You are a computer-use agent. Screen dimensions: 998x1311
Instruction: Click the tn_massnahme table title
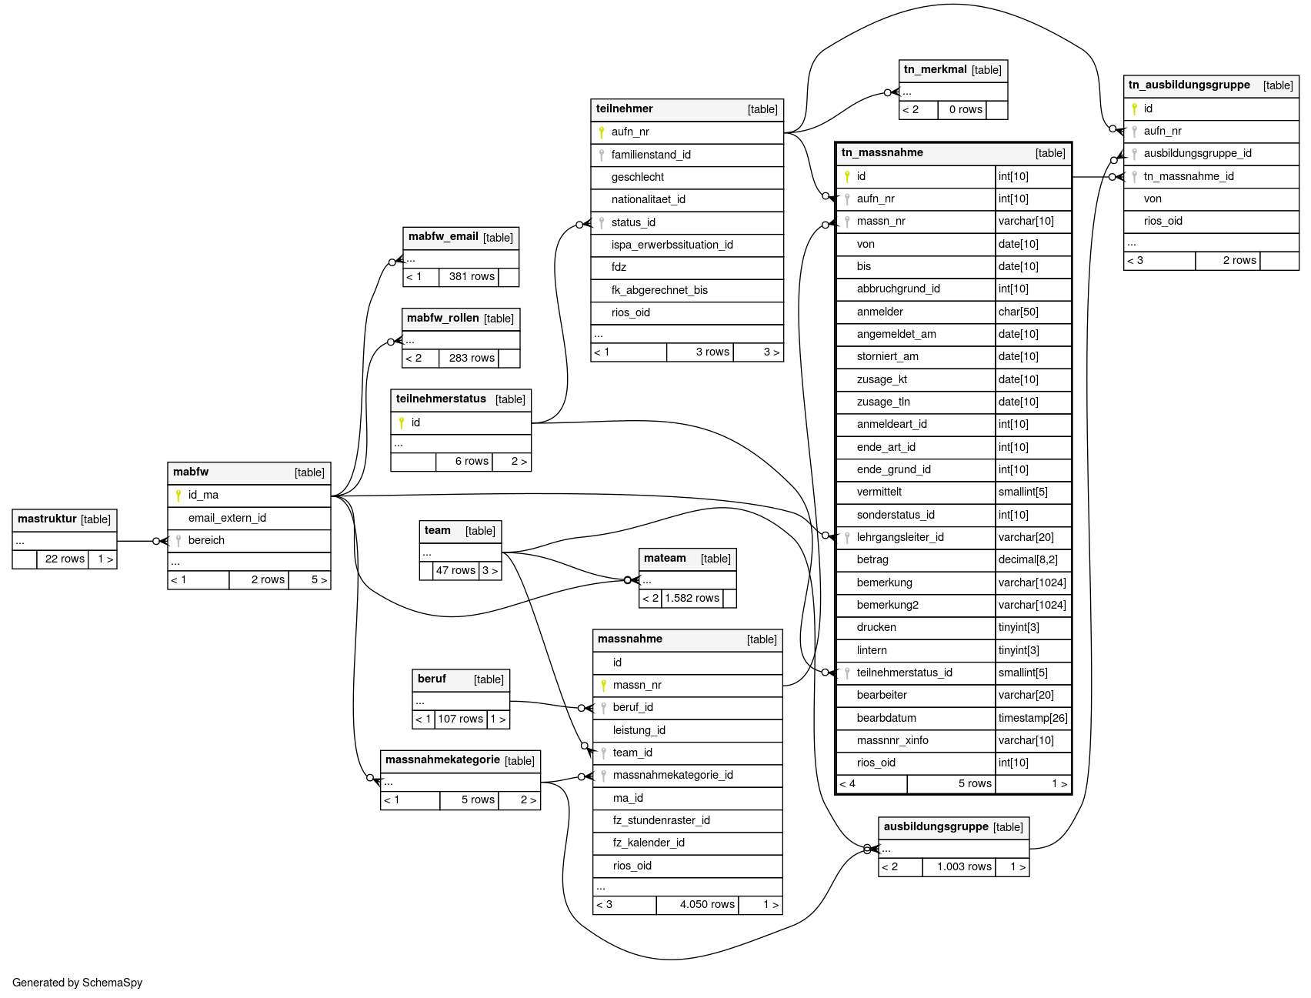pyautogui.click(x=882, y=152)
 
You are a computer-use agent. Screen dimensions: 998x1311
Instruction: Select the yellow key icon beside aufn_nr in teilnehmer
pyautogui.click(x=602, y=132)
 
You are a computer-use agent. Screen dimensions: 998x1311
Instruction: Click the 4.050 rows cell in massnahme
pyautogui.click(x=706, y=905)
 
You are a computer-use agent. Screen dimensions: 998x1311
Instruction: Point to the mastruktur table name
pyautogui.click(x=47, y=519)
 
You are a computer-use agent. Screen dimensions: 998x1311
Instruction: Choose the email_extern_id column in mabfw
pyautogui.click(x=227, y=518)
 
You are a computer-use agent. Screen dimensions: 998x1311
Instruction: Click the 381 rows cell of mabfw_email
pyautogui.click(x=471, y=277)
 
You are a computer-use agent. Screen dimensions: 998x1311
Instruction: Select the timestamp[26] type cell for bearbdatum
pyautogui.click(x=1032, y=718)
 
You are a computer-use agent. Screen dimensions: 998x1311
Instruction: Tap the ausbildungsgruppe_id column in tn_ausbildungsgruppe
pyautogui.click(x=1196, y=153)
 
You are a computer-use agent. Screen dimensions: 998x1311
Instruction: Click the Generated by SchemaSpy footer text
pyautogui.click(x=77, y=983)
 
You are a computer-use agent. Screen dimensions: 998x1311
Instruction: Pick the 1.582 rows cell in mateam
pyautogui.click(x=692, y=599)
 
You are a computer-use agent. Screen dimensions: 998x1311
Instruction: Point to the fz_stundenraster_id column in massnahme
pyautogui.click(x=661, y=820)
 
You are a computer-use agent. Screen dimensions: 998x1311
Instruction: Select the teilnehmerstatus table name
pyautogui.click(x=441, y=399)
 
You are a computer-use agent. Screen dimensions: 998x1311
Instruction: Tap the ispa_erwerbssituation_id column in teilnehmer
pyautogui.click(x=672, y=245)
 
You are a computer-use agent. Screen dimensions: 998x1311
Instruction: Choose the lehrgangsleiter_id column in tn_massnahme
pyautogui.click(x=899, y=537)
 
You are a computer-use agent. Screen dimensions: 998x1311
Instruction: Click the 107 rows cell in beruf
pyautogui.click(x=460, y=719)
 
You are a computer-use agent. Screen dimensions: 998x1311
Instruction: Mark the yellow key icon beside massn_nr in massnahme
pyautogui.click(x=604, y=685)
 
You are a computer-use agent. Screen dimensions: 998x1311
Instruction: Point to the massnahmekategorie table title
pyautogui.click(x=442, y=760)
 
